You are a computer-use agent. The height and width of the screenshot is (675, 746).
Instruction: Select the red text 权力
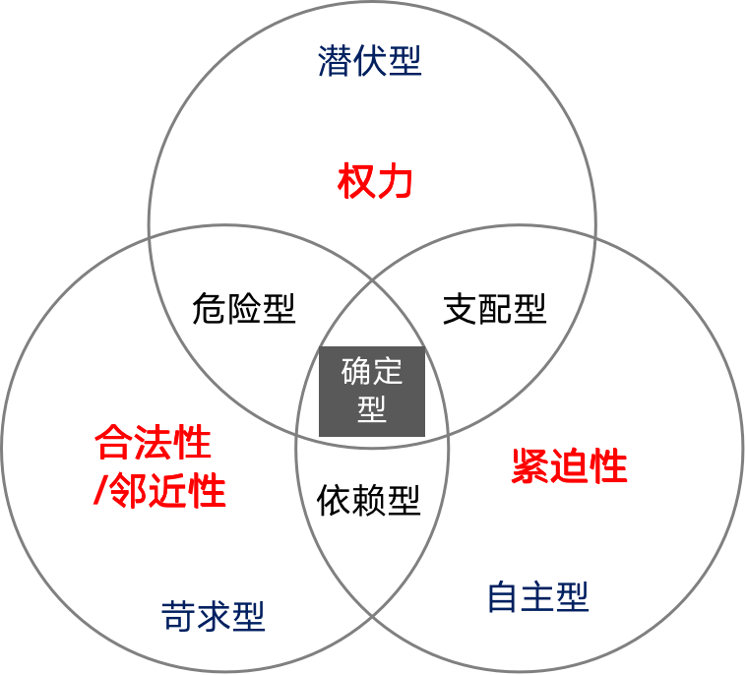(x=374, y=183)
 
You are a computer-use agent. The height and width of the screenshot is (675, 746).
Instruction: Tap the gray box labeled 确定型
(x=372, y=391)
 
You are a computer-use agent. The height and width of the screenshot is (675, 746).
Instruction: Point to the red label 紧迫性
(x=570, y=466)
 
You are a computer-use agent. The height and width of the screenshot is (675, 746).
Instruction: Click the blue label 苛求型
(x=213, y=617)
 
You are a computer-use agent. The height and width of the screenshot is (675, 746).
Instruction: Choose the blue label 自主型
(x=537, y=597)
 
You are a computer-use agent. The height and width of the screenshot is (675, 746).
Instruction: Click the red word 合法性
(x=154, y=444)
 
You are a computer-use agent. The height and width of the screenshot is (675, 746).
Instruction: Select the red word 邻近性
(x=166, y=491)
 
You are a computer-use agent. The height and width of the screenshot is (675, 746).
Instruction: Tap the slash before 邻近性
(x=98, y=491)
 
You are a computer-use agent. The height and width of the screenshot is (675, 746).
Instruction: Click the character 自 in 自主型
(x=503, y=597)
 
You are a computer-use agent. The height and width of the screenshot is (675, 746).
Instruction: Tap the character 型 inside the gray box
(x=372, y=409)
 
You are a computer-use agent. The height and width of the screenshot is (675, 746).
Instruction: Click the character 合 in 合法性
(x=114, y=444)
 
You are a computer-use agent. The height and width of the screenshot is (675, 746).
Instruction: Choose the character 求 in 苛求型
(x=213, y=617)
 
